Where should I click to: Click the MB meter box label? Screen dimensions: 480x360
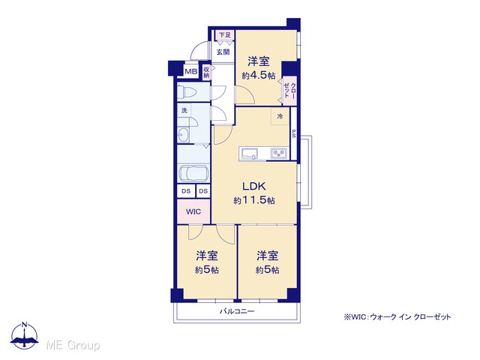point(191,72)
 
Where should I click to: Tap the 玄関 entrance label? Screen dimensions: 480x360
point(223,52)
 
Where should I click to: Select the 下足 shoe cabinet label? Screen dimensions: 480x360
point(225,35)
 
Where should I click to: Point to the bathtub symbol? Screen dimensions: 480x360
point(193,174)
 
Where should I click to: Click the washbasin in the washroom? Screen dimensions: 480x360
point(183,134)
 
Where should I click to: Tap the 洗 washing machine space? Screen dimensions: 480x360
point(184,110)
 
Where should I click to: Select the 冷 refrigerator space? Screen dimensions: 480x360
point(280,116)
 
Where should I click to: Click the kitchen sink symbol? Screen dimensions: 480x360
point(250,153)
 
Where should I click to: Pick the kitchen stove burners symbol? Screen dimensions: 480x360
point(278,153)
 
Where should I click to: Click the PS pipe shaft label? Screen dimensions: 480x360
point(293,133)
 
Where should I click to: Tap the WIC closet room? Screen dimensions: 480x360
point(193,211)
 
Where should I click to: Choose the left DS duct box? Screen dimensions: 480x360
point(186,191)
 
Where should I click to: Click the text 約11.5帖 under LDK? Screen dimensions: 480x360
point(254,200)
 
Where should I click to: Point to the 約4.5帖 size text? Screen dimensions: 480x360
point(258,75)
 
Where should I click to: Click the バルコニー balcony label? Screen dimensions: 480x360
point(237,312)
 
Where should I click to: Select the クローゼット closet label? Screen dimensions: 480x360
point(289,90)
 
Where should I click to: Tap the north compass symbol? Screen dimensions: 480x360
point(25,335)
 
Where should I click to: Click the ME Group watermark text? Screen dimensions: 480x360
point(73,346)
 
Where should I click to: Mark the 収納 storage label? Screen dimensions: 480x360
point(206,72)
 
